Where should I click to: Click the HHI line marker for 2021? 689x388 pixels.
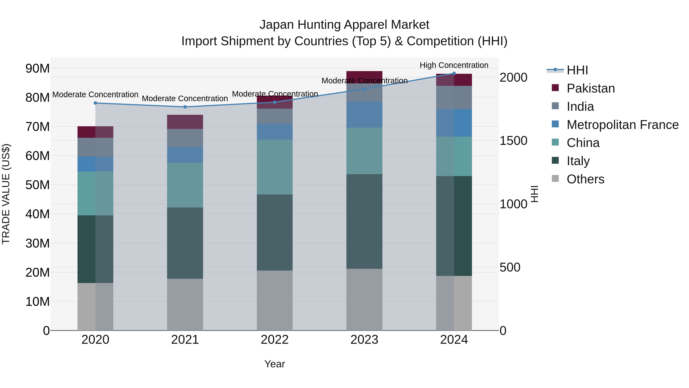(185, 107)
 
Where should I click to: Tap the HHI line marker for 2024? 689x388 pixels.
(454, 73)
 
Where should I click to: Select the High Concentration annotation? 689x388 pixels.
(454, 65)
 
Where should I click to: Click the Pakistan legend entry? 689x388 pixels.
(591, 88)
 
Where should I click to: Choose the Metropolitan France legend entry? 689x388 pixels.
(622, 125)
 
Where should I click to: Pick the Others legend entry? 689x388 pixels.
(585, 179)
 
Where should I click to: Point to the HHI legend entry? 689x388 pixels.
(577, 70)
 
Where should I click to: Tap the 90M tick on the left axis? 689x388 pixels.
(38, 69)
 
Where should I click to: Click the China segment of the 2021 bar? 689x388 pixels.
(185, 185)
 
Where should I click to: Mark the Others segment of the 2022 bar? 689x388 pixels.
(275, 300)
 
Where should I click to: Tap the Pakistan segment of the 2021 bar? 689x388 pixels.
(185, 122)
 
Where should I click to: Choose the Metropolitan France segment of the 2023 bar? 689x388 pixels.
(364, 115)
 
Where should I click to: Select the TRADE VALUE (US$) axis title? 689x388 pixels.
(6, 194)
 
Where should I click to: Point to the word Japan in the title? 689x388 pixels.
(277, 25)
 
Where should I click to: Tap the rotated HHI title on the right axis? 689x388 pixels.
(534, 194)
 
